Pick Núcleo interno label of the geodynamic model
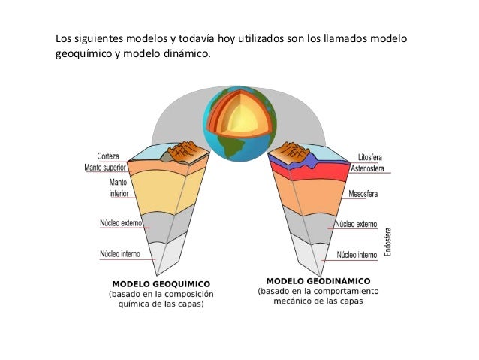(x=357, y=255)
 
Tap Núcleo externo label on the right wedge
(x=357, y=224)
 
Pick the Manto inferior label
(x=118, y=187)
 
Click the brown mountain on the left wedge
(x=184, y=153)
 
